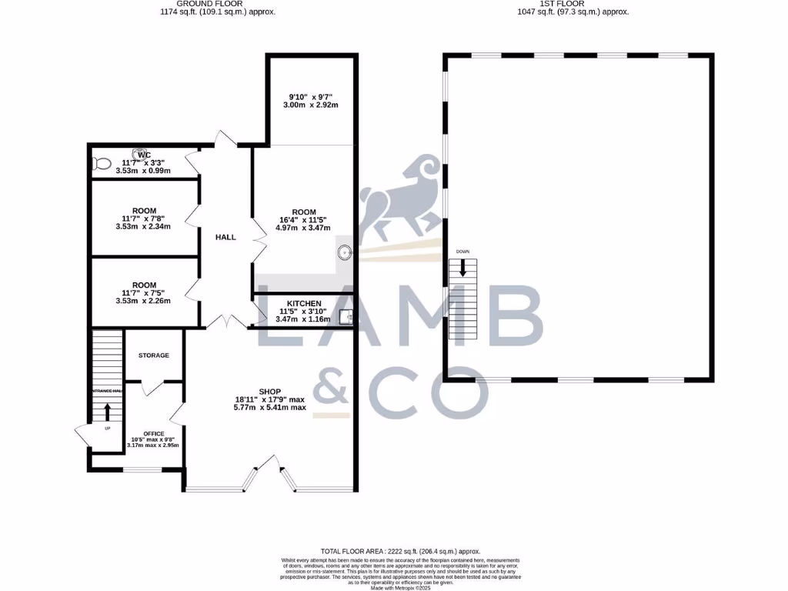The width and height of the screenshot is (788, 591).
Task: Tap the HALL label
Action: [225, 237]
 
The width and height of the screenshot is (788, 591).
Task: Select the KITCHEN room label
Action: [304, 304]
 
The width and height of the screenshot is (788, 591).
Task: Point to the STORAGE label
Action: [154, 356]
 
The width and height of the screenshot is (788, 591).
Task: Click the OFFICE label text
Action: [154, 434]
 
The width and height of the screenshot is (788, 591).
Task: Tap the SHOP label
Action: [270, 390]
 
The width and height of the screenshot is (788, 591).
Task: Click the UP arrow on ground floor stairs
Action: [107, 412]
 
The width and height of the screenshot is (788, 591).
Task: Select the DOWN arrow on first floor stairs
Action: [463, 267]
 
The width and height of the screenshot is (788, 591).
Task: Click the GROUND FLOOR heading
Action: [218, 4]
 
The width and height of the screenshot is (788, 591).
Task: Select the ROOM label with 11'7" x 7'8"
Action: [144, 211]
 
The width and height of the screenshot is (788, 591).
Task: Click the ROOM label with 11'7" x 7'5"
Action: [144, 285]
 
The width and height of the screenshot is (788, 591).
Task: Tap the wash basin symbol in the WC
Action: [141, 153]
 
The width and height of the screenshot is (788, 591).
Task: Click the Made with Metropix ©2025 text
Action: [400, 587]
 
